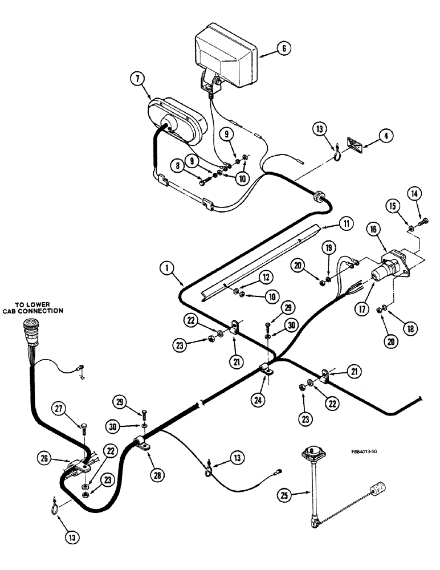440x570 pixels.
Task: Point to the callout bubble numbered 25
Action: click(287, 494)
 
